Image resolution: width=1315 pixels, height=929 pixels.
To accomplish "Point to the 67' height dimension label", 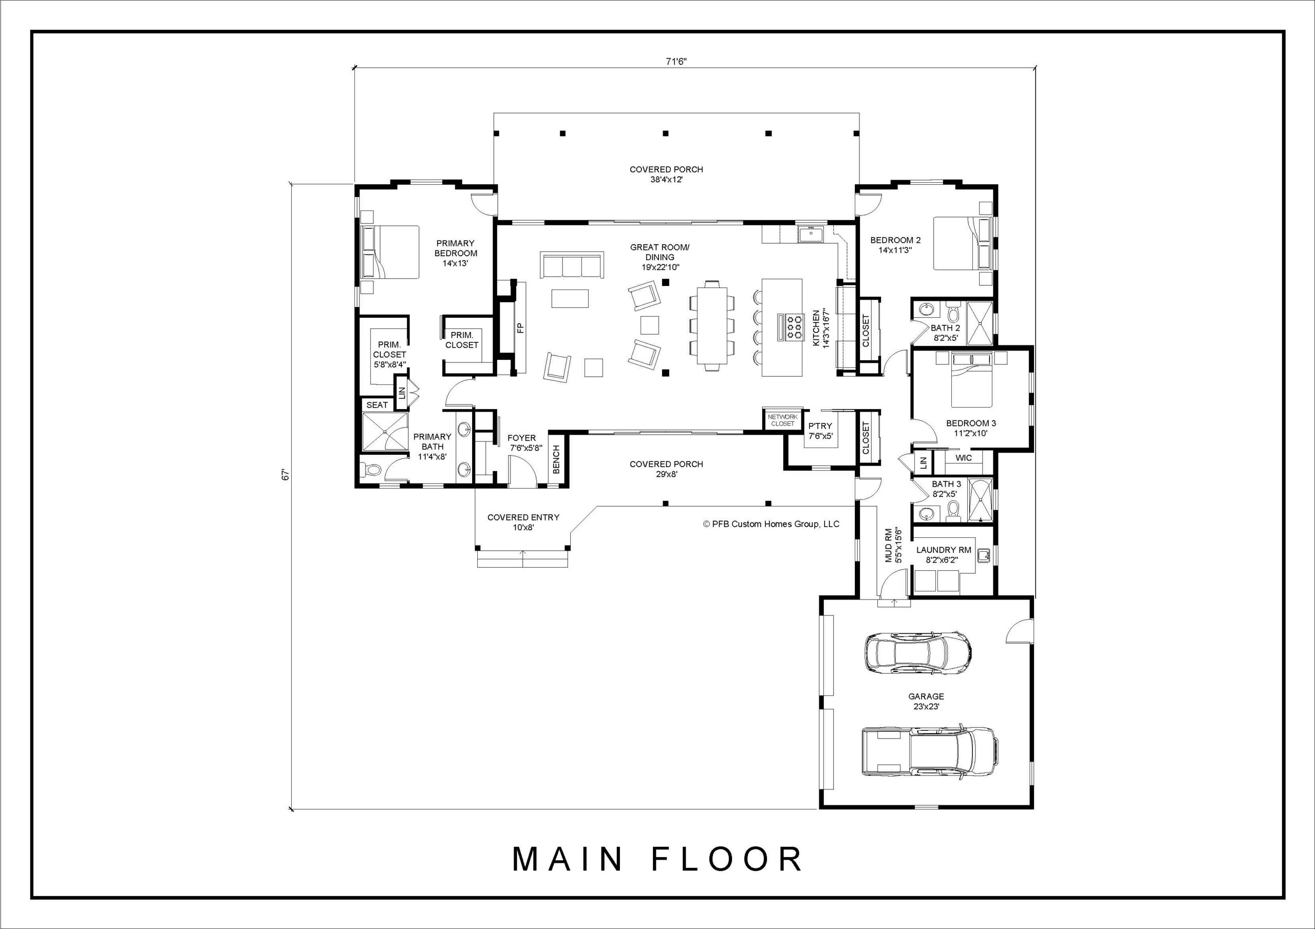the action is pos(286,475).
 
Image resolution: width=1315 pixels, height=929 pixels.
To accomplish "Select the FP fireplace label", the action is pos(520,328).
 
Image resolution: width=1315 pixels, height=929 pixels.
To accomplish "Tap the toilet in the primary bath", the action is pos(372,470).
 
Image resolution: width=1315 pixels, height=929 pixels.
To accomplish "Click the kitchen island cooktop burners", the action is pos(794,326).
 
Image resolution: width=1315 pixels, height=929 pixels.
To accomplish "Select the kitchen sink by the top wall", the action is pos(811,234).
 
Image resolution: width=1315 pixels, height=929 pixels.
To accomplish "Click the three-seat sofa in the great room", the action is pos(572,265).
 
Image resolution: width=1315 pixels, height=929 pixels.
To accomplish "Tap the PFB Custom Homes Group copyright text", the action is pos(771,524).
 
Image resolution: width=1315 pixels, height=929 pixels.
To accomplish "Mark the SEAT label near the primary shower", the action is pos(377,404).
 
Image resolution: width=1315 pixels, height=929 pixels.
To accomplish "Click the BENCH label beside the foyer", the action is pos(556,459).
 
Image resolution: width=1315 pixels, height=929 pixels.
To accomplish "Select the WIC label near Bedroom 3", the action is pos(964,458).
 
